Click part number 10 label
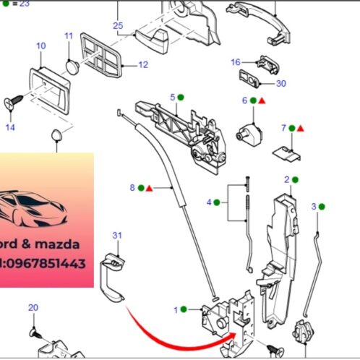pyautogui.click(x=40, y=46)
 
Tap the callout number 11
pyautogui.click(x=69, y=35)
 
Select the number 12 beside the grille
pyautogui.click(x=143, y=65)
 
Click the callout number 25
pyautogui.click(x=119, y=26)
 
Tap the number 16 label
pyautogui.click(x=236, y=62)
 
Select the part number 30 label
pyautogui.click(x=281, y=84)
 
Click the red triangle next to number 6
pyautogui.click(x=262, y=101)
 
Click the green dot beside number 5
pyautogui.click(x=182, y=97)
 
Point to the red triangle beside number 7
pyautogui.click(x=300, y=129)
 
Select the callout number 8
pyautogui.click(x=132, y=188)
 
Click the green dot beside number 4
pyautogui.click(x=218, y=202)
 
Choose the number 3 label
pyautogui.click(x=314, y=207)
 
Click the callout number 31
pyautogui.click(x=118, y=235)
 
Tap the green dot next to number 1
pyautogui.click(x=184, y=309)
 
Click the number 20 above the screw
pyautogui.click(x=33, y=308)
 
